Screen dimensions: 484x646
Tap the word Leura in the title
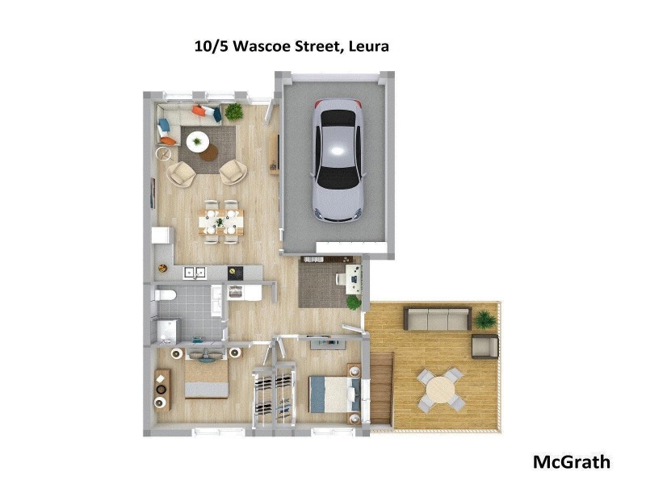pyautogui.click(x=369, y=46)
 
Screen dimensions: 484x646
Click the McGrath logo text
pyautogui.click(x=571, y=462)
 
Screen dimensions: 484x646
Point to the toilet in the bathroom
pyautogui.click(x=165, y=296)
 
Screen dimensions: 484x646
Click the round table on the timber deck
pyautogui.click(x=441, y=390)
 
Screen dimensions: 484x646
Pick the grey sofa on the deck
pyautogui.click(x=437, y=319)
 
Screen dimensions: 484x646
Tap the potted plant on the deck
pyautogui.click(x=485, y=319)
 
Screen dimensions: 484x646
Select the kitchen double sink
pyautogui.click(x=194, y=273)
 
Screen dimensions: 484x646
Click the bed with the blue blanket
pyautogui.click(x=333, y=394)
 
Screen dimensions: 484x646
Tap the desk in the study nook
pyautogui.click(x=352, y=279)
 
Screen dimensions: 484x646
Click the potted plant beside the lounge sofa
pyautogui.click(x=234, y=111)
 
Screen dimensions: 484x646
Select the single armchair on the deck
pyautogui.click(x=484, y=346)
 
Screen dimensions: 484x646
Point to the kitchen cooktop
pyautogui.click(x=235, y=273)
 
